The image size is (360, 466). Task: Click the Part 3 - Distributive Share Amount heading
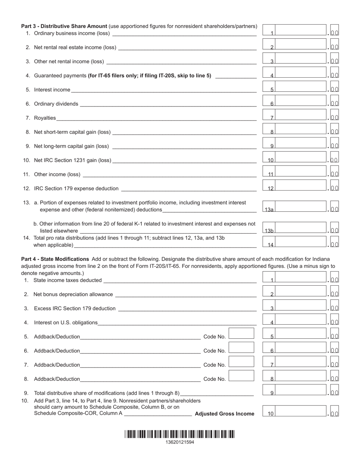coord(64,26)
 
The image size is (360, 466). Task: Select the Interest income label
coord(52,90)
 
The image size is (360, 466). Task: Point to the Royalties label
coord(45,118)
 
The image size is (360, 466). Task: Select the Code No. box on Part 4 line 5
coord(241,333)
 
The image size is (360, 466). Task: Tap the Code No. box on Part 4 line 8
coord(241,376)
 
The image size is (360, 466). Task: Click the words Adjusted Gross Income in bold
coord(224,414)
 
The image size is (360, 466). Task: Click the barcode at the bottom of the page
coord(180,434)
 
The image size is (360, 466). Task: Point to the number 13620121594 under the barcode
coord(180,442)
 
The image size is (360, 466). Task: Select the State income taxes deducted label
coord(67,280)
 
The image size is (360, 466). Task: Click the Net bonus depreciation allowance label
coord(73,294)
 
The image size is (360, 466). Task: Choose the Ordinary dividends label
coord(56,104)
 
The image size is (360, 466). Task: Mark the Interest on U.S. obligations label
coord(66,322)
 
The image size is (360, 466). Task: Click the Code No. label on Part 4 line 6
coord(214,351)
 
